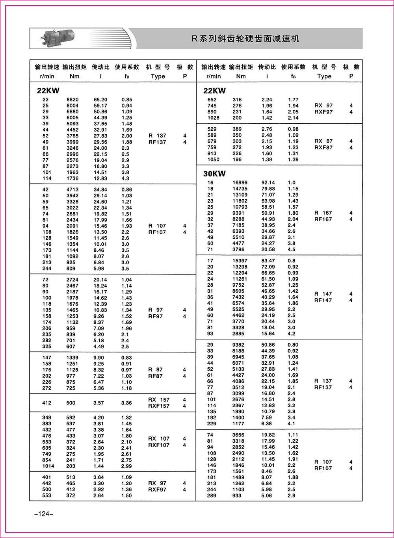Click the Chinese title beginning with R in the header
pyautogui.click(x=245, y=39)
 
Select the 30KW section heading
pyautogui.click(x=214, y=174)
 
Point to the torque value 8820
pyautogui.click(x=72, y=100)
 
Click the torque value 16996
pyautogui.click(x=240, y=183)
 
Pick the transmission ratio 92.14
pyautogui.click(x=268, y=183)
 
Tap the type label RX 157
pyautogui.click(x=158, y=400)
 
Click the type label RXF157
pyautogui.click(x=158, y=406)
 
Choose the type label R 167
pyautogui.click(x=323, y=213)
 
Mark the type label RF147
pyautogui.click(x=323, y=301)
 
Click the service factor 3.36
pyautogui.click(x=126, y=403)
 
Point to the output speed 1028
pyautogui.click(x=213, y=118)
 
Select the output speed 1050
pyautogui.click(x=213, y=160)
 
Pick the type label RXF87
pyautogui.click(x=323, y=148)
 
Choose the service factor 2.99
pyautogui.click(x=126, y=466)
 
